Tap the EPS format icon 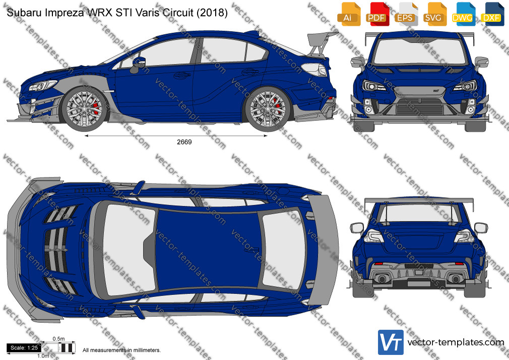pos(406,14)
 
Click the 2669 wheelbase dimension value pos(184,142)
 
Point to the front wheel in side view pos(85,109)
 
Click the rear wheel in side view pos(268,109)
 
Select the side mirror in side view pos(138,65)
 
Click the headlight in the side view pos(42,85)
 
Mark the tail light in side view pos(314,70)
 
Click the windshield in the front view pos(420,51)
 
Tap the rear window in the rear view pos(419,213)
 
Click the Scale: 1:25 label pos(24,348)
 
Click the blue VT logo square pos(391,342)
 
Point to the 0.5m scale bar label pos(59,339)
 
